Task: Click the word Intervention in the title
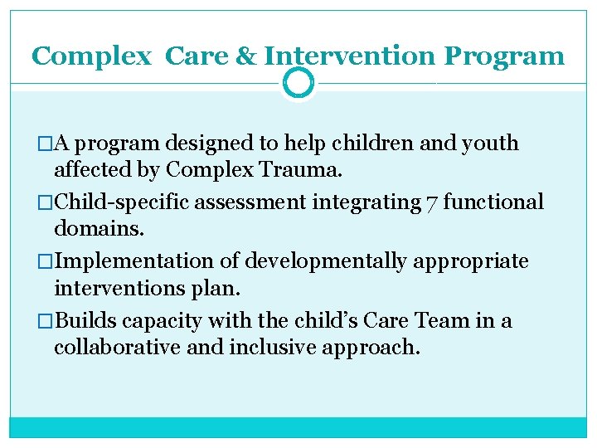click(x=349, y=56)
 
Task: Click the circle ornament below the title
click(x=298, y=83)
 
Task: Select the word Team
click(x=439, y=321)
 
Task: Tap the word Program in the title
click(x=504, y=56)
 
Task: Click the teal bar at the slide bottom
click(x=298, y=427)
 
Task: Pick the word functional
click(x=493, y=202)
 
